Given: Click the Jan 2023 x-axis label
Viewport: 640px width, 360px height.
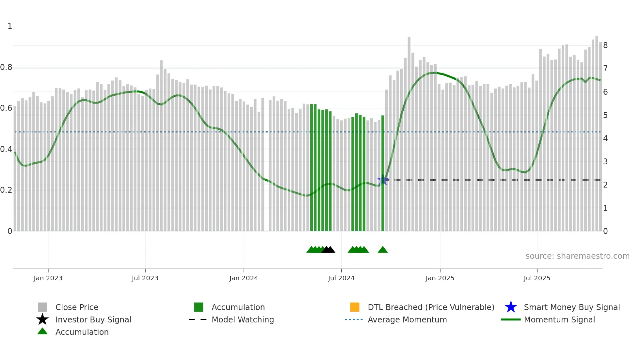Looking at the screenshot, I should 48,278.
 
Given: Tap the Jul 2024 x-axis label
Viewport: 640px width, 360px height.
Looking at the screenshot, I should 341,278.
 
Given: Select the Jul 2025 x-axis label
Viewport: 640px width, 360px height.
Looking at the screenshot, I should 537,278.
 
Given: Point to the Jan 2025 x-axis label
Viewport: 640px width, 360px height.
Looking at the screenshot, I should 440,278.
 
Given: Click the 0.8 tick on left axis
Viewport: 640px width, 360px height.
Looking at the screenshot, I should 6,67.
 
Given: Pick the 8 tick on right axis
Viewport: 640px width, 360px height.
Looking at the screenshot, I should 605,45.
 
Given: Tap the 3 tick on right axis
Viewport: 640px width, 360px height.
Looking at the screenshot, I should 605,162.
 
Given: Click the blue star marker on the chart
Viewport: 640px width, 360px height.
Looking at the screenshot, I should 382,180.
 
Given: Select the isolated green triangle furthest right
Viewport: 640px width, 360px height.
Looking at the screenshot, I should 383,250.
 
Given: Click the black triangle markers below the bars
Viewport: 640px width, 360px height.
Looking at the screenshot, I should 328,250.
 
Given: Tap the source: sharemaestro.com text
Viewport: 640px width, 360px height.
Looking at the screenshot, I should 577,256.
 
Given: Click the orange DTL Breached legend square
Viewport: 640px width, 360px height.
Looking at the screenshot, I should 355,307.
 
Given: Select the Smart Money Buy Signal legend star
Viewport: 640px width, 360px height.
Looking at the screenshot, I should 511,307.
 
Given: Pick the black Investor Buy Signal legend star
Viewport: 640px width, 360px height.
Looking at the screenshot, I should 42,319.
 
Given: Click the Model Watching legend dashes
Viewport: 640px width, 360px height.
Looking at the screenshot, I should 198,319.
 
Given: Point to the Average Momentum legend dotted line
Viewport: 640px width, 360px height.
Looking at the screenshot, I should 354,319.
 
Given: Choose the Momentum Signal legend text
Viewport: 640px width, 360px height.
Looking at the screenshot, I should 559,319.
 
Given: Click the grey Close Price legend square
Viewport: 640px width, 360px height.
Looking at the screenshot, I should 42,307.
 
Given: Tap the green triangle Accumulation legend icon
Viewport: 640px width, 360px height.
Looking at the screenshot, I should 42,332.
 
